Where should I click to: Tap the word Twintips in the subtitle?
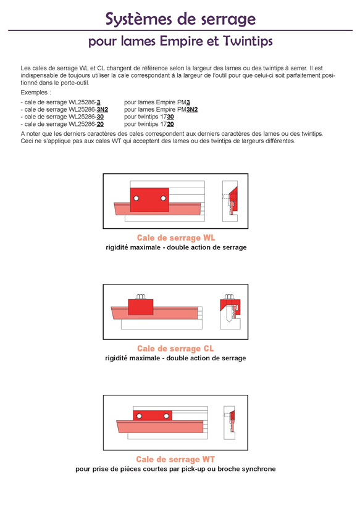click(248, 41)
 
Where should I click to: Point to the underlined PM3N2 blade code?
click(188, 109)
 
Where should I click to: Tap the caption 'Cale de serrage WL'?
click(176, 238)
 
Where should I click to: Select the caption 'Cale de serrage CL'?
click(175, 349)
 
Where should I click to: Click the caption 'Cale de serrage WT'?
click(175, 459)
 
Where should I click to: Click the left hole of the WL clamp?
click(136, 198)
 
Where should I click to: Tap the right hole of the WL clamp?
click(163, 198)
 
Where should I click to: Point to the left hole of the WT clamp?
click(139, 416)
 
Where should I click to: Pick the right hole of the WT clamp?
click(166, 416)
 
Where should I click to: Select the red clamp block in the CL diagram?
click(140, 307)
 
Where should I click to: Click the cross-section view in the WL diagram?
click(230, 201)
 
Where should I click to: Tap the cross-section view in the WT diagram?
click(229, 423)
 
